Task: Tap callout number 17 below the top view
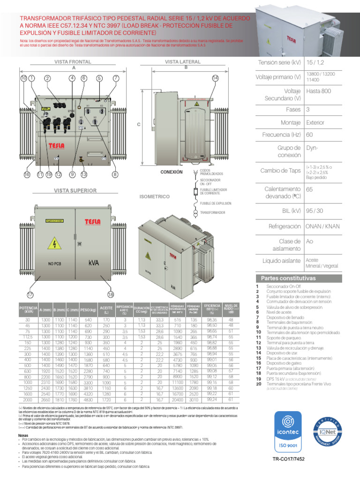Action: (30, 295)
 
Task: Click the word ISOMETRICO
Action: (155, 197)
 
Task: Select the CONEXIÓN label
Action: (172, 172)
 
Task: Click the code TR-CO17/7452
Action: (300, 460)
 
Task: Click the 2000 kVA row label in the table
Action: (28, 400)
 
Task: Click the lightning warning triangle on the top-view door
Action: (55, 244)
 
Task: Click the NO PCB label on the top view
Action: (54, 264)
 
